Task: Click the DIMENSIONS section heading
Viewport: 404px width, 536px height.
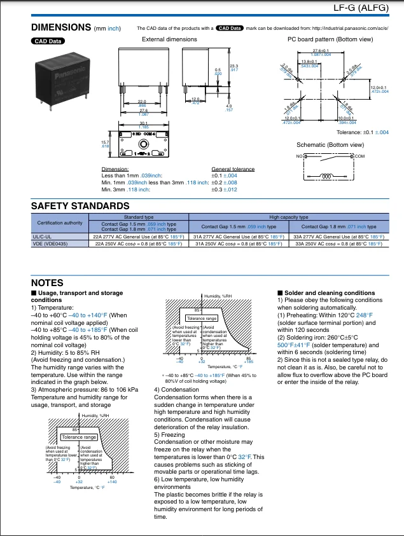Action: [x=61, y=27]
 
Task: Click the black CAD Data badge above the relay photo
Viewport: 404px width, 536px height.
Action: [x=47, y=41]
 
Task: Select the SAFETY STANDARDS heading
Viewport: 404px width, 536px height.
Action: [x=80, y=205]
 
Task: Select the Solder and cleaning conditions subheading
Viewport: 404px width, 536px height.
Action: [x=330, y=293]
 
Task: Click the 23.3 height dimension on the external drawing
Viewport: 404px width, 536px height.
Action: [x=233, y=66]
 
